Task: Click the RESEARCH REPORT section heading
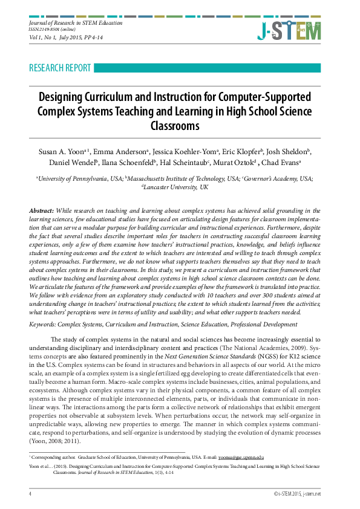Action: [x=60, y=68]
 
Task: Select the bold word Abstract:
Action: [x=42, y=209]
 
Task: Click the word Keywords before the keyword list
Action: [x=42, y=325]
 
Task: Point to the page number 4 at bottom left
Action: [x=30, y=494]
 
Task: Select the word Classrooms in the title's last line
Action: [x=175, y=126]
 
